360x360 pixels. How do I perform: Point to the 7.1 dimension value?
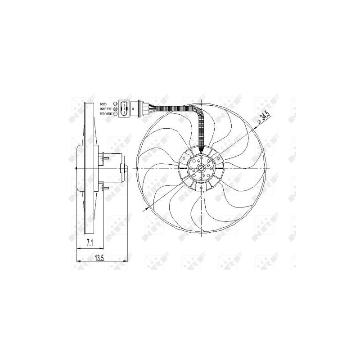tap(90, 243)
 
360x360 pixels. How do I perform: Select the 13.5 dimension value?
tap(100, 258)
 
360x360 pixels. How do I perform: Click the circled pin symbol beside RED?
tap(116, 103)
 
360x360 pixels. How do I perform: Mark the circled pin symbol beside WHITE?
tap(116, 108)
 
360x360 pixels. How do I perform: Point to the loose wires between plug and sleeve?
tap(153, 108)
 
